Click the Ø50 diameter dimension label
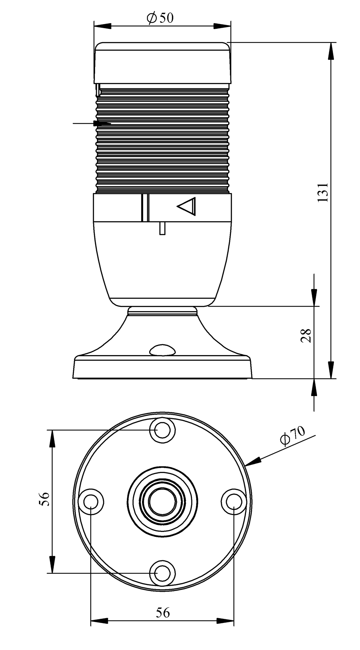pos(160,18)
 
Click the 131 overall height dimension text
pos(323,192)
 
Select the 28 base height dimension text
pos(306,335)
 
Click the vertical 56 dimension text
pos(44,498)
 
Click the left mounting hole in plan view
pos(91,501)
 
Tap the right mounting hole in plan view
pos(234,501)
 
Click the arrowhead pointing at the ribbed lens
pos(102,124)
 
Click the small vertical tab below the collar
pos(162,228)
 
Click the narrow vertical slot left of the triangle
pos(145,208)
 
